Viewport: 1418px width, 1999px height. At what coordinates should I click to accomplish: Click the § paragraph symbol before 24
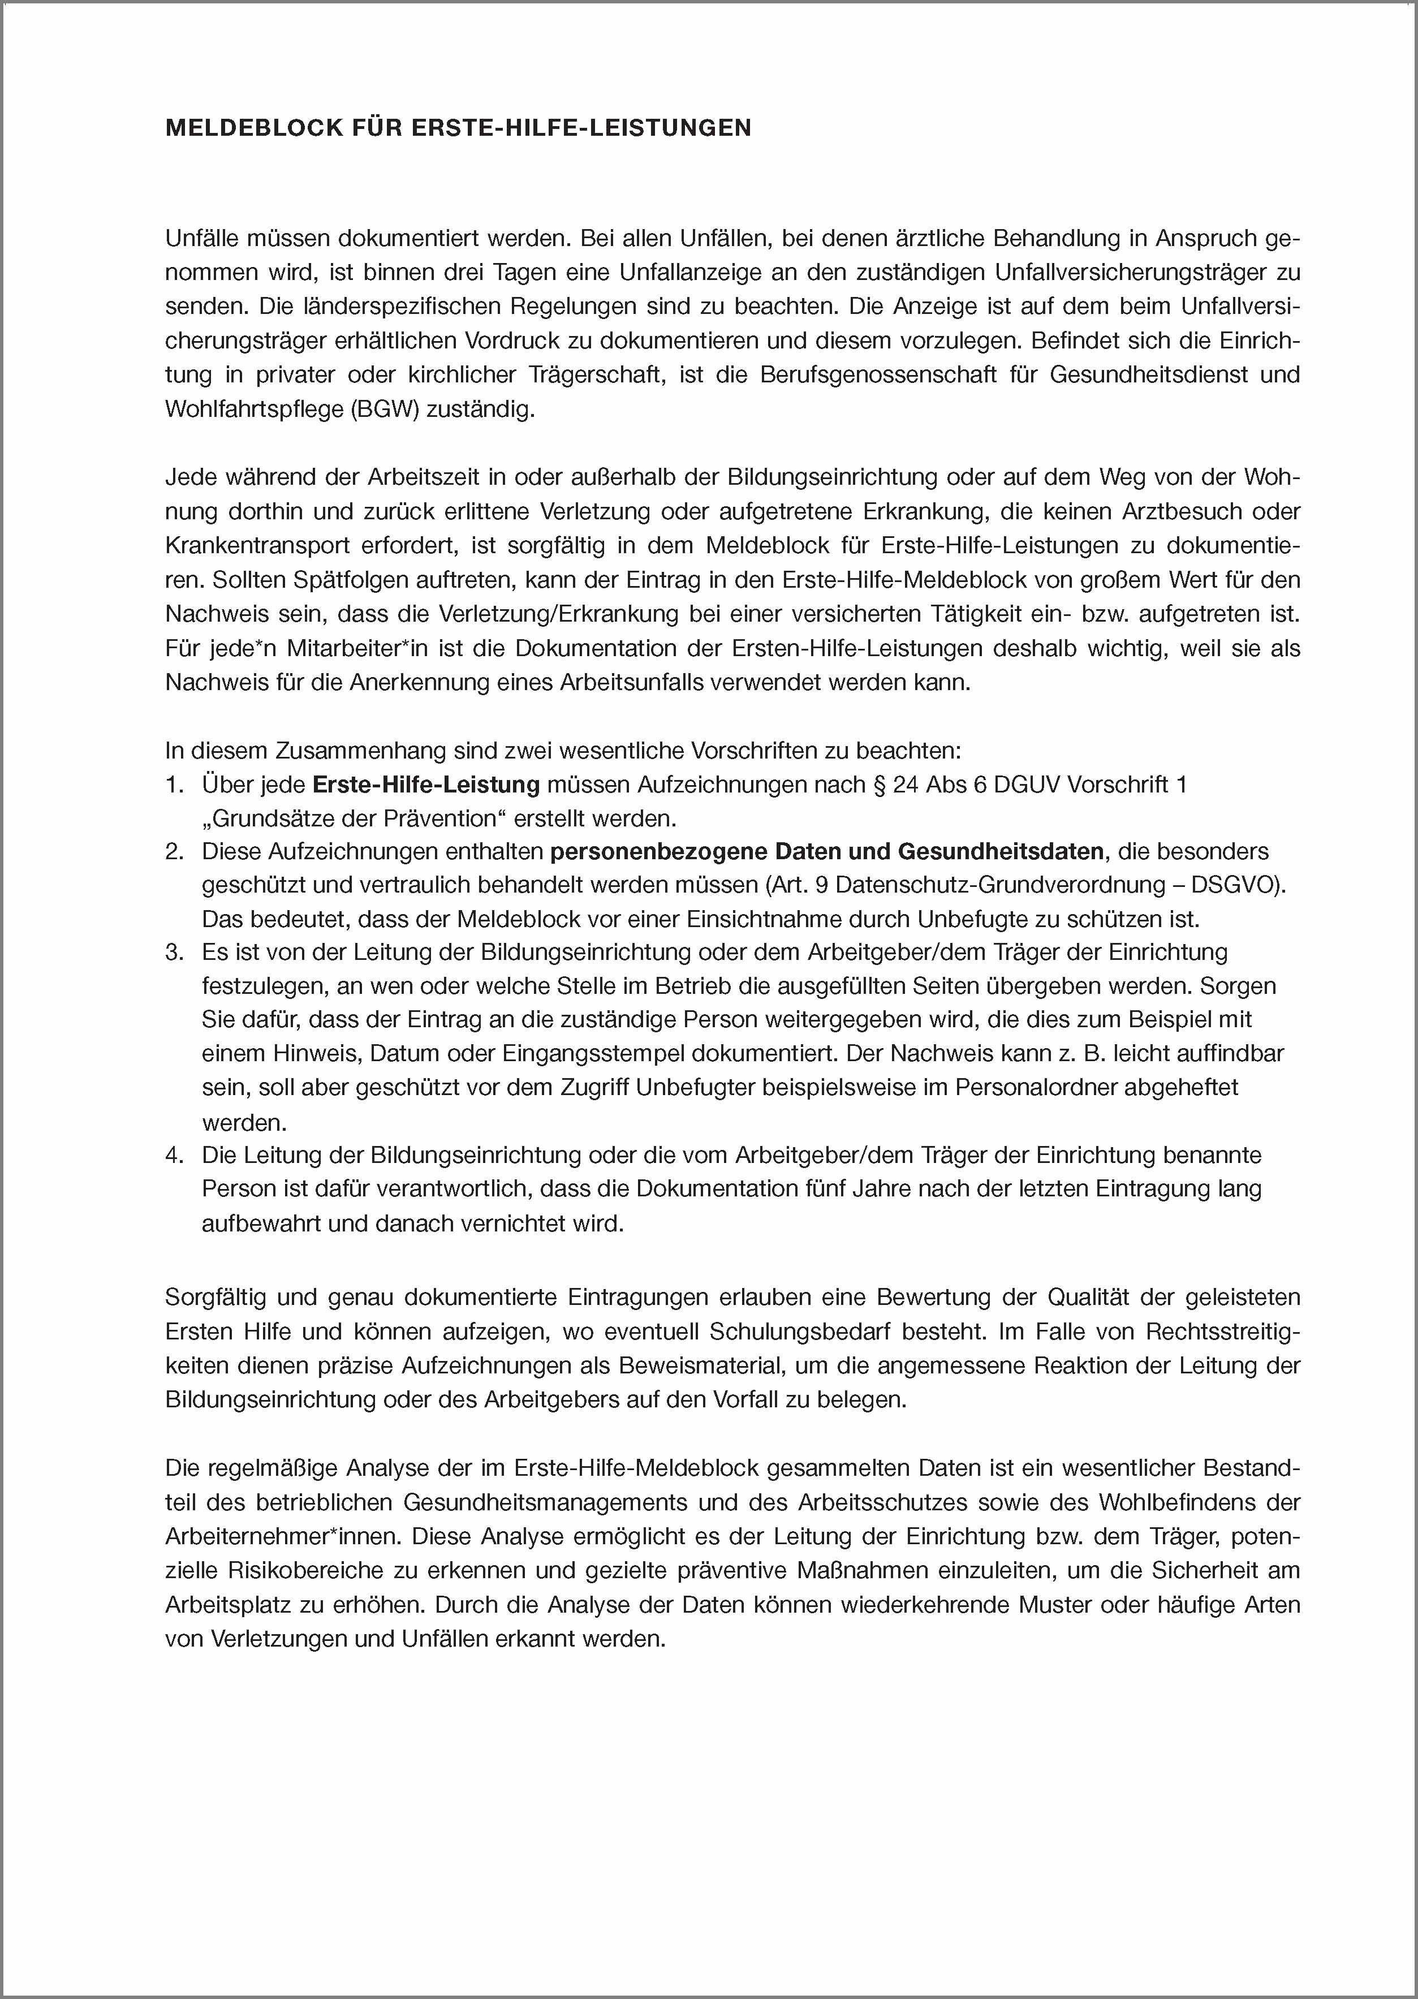coord(880,784)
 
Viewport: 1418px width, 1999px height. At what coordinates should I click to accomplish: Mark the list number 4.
coord(173,1156)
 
